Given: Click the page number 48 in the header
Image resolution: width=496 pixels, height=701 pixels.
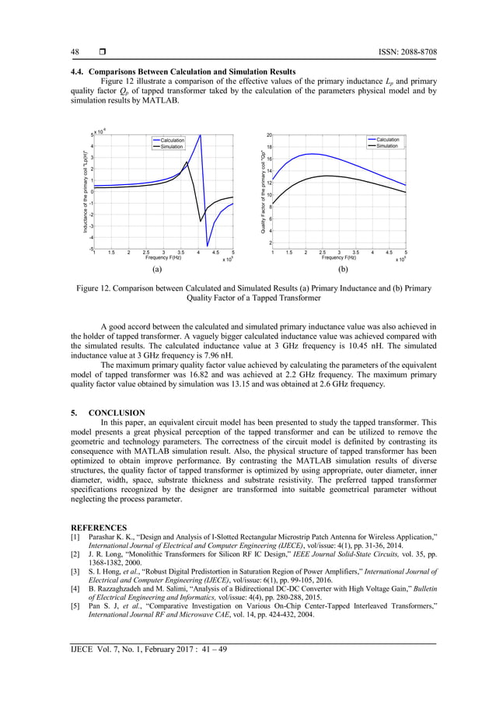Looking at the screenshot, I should pyautogui.click(x=75, y=52).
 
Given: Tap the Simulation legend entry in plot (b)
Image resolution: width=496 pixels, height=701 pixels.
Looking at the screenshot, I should pyautogui.click(x=386, y=146).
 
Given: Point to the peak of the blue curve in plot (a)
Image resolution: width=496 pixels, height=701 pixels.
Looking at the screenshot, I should pyautogui.click(x=201, y=135).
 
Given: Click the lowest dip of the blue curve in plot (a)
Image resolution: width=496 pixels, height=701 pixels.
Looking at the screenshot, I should pyautogui.click(x=208, y=246).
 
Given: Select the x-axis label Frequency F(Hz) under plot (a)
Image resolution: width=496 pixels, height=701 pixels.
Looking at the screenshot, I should pyautogui.click(x=162, y=257).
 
